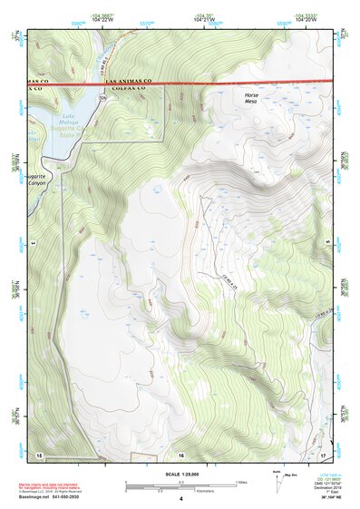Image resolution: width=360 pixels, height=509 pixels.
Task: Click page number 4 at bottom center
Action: click(x=180, y=499)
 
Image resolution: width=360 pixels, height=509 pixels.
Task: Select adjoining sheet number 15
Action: click(x=39, y=453)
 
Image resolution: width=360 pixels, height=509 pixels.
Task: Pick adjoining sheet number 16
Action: click(x=181, y=453)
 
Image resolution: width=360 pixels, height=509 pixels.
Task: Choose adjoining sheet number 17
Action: click(x=322, y=453)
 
